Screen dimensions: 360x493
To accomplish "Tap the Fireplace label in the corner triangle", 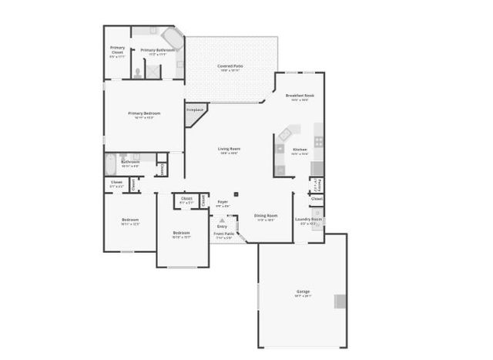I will [195, 110].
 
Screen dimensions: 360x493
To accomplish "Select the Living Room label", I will [227, 149].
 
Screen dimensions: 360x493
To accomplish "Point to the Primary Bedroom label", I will [144, 113].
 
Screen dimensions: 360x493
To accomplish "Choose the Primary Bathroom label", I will [157, 50].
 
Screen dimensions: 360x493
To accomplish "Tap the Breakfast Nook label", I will [300, 96].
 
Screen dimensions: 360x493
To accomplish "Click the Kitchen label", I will [300, 149].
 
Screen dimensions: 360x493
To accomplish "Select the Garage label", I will [303, 291].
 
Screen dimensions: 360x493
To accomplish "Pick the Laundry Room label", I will [308, 219].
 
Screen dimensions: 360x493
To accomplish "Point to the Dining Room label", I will [266, 216].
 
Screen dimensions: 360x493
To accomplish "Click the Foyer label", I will [222, 202].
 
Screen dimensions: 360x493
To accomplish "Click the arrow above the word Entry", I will [222, 220].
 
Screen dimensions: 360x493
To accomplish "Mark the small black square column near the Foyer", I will [236, 193].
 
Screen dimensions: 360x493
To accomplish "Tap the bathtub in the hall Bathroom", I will [109, 163].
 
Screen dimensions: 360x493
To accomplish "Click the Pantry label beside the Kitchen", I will [317, 184].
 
